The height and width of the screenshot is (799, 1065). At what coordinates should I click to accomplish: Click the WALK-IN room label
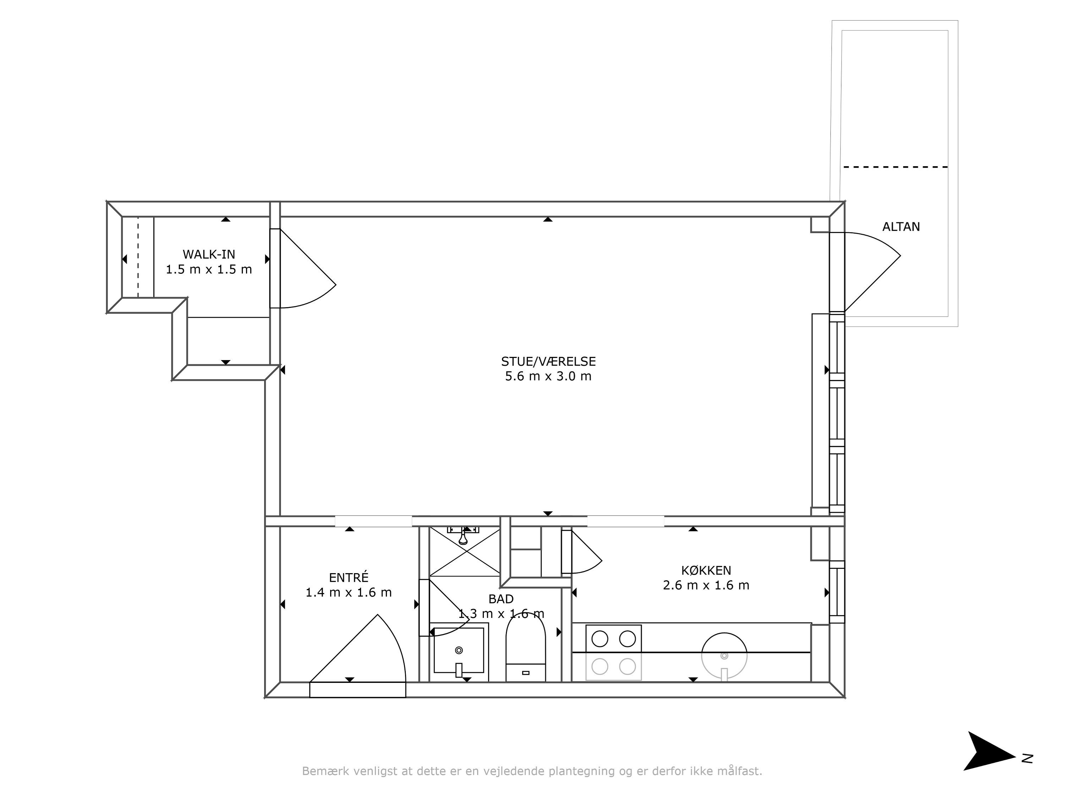tap(209, 254)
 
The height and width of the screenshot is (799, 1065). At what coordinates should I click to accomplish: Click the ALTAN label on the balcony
tap(901, 227)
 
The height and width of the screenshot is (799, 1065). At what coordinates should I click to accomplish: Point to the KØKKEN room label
tap(706, 571)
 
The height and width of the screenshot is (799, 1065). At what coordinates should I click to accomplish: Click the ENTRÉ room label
tap(349, 577)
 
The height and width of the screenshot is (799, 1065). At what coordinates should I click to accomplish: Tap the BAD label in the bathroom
tap(501, 599)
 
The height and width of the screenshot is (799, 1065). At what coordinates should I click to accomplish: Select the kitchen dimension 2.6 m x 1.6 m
tap(706, 586)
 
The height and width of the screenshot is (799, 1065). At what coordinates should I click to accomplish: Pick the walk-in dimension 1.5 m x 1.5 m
tap(209, 270)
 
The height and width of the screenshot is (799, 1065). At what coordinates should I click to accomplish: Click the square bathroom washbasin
tap(459, 650)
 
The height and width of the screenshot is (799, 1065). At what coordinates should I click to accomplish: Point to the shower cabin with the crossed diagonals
tap(465, 551)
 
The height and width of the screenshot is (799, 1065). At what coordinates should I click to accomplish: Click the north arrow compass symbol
tap(990, 751)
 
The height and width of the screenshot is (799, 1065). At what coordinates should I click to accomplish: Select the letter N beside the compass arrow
tap(1027, 759)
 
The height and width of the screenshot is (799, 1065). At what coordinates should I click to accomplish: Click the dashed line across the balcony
tap(896, 167)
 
